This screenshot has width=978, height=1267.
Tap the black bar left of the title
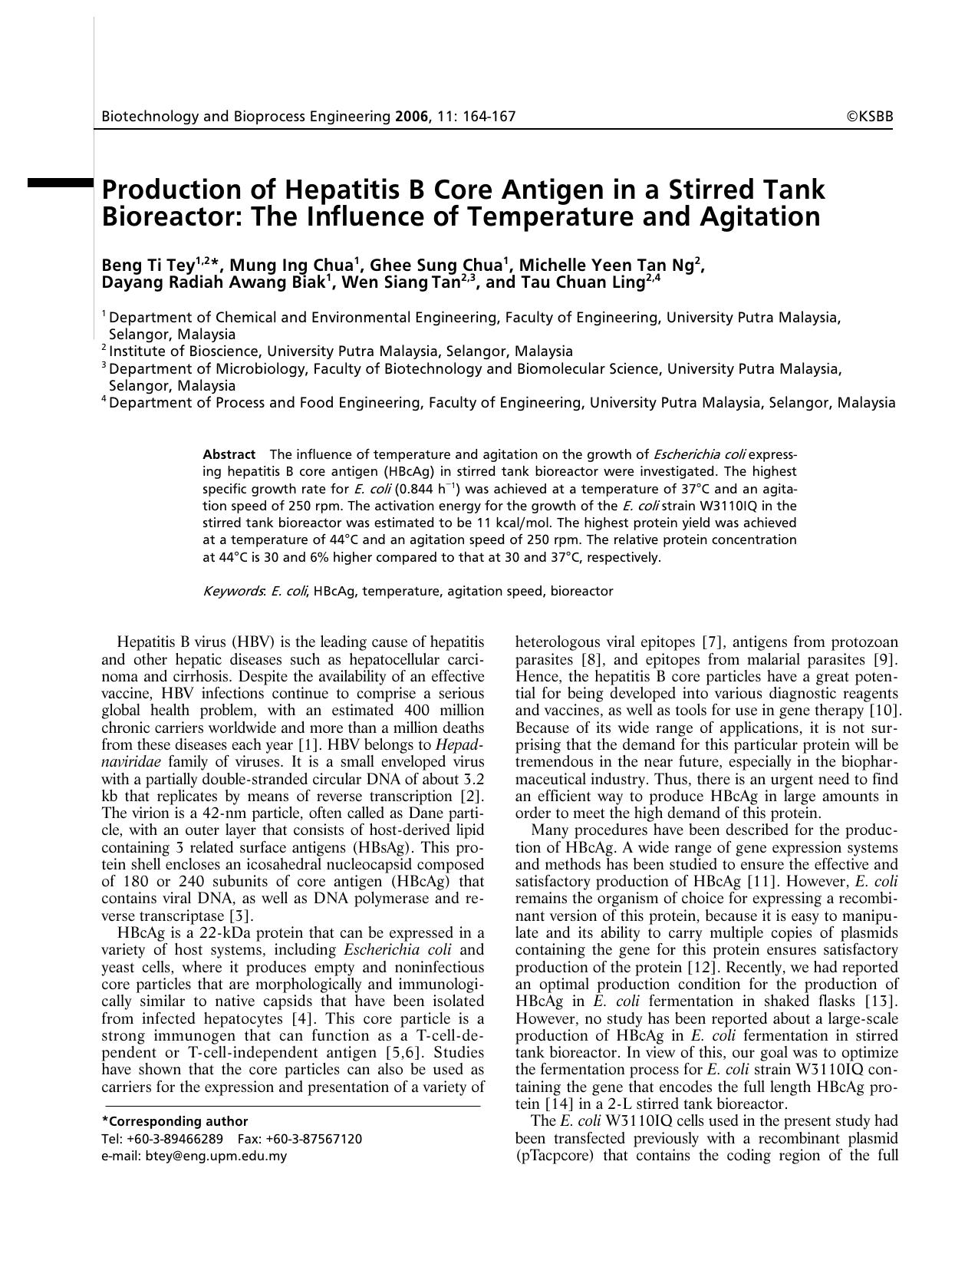(x=60, y=183)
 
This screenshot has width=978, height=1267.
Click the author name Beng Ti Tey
(x=147, y=266)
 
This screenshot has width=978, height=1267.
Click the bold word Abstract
(x=229, y=454)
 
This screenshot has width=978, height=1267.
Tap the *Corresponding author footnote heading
(x=175, y=1121)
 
